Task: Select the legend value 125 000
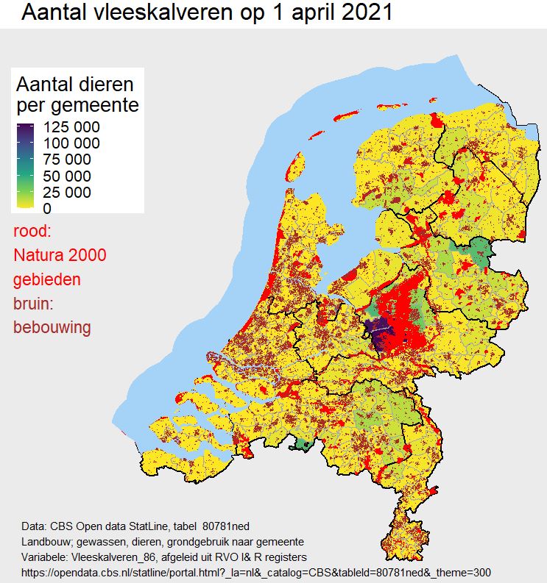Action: (x=72, y=127)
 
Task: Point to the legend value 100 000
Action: (x=72, y=143)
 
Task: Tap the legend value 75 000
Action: (x=68, y=160)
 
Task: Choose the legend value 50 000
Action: (x=68, y=176)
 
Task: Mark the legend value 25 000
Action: (x=68, y=193)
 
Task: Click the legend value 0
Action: (x=48, y=208)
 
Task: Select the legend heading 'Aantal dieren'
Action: (x=76, y=84)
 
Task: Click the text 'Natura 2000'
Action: (x=60, y=256)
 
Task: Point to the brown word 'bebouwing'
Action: (x=52, y=328)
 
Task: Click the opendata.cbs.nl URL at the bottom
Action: (x=255, y=572)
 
